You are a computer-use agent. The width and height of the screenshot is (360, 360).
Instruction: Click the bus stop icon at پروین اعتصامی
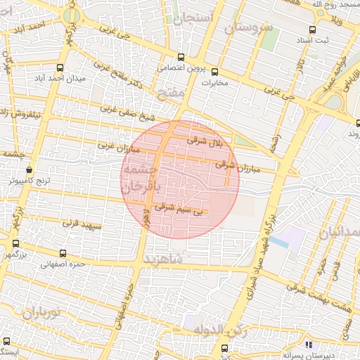(181, 58)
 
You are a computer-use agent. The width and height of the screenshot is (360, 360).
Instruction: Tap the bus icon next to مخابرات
(215, 71)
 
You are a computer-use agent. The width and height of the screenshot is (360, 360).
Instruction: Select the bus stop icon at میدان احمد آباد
(60, 68)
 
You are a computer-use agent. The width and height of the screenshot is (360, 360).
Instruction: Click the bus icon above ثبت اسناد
(312, 30)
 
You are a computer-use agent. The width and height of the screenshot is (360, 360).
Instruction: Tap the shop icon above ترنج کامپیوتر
(29, 169)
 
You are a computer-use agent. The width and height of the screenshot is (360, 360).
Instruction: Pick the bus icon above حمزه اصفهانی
(64, 253)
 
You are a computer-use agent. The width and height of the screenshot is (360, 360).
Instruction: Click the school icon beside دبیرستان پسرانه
(308, 345)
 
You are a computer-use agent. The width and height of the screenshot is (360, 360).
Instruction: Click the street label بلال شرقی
(205, 142)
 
